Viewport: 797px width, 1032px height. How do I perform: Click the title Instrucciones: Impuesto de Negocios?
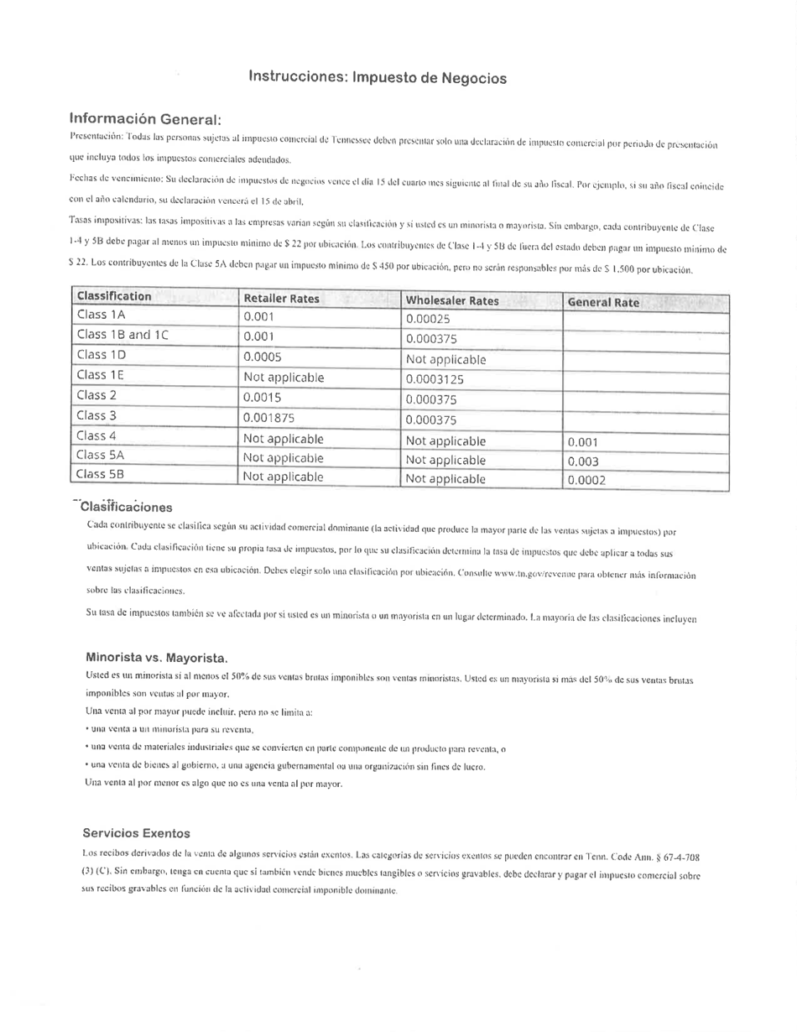pyautogui.click(x=378, y=77)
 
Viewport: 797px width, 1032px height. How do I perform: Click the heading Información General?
pyautogui.click(x=145, y=118)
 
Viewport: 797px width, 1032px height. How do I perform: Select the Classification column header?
pyautogui.click(x=114, y=296)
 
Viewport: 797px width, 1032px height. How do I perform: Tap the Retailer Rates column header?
pyautogui.click(x=281, y=299)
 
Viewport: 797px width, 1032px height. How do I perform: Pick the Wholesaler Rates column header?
pyautogui.click(x=452, y=300)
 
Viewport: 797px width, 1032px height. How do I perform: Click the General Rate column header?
pyautogui.click(x=603, y=302)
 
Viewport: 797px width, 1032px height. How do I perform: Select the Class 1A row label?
pyautogui.click(x=101, y=315)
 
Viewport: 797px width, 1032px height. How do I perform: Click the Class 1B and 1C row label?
pyautogui.click(x=122, y=335)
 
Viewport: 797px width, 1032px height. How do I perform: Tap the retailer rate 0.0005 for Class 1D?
pyautogui.click(x=262, y=356)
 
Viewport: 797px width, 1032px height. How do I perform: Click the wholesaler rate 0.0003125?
pyautogui.click(x=435, y=378)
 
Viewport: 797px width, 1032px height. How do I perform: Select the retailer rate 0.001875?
pyautogui.click(x=270, y=417)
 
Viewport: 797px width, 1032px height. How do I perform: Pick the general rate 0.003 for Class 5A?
pyautogui.click(x=583, y=461)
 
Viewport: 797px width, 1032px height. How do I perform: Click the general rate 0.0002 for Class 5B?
pyautogui.click(x=586, y=480)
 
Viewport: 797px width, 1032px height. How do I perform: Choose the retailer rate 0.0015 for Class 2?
pyautogui.click(x=262, y=397)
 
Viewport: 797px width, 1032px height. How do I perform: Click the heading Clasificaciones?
pyautogui.click(x=126, y=507)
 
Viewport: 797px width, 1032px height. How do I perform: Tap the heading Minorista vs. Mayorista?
pyautogui.click(x=157, y=657)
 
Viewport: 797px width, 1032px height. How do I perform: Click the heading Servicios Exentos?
pyautogui.click(x=136, y=833)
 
